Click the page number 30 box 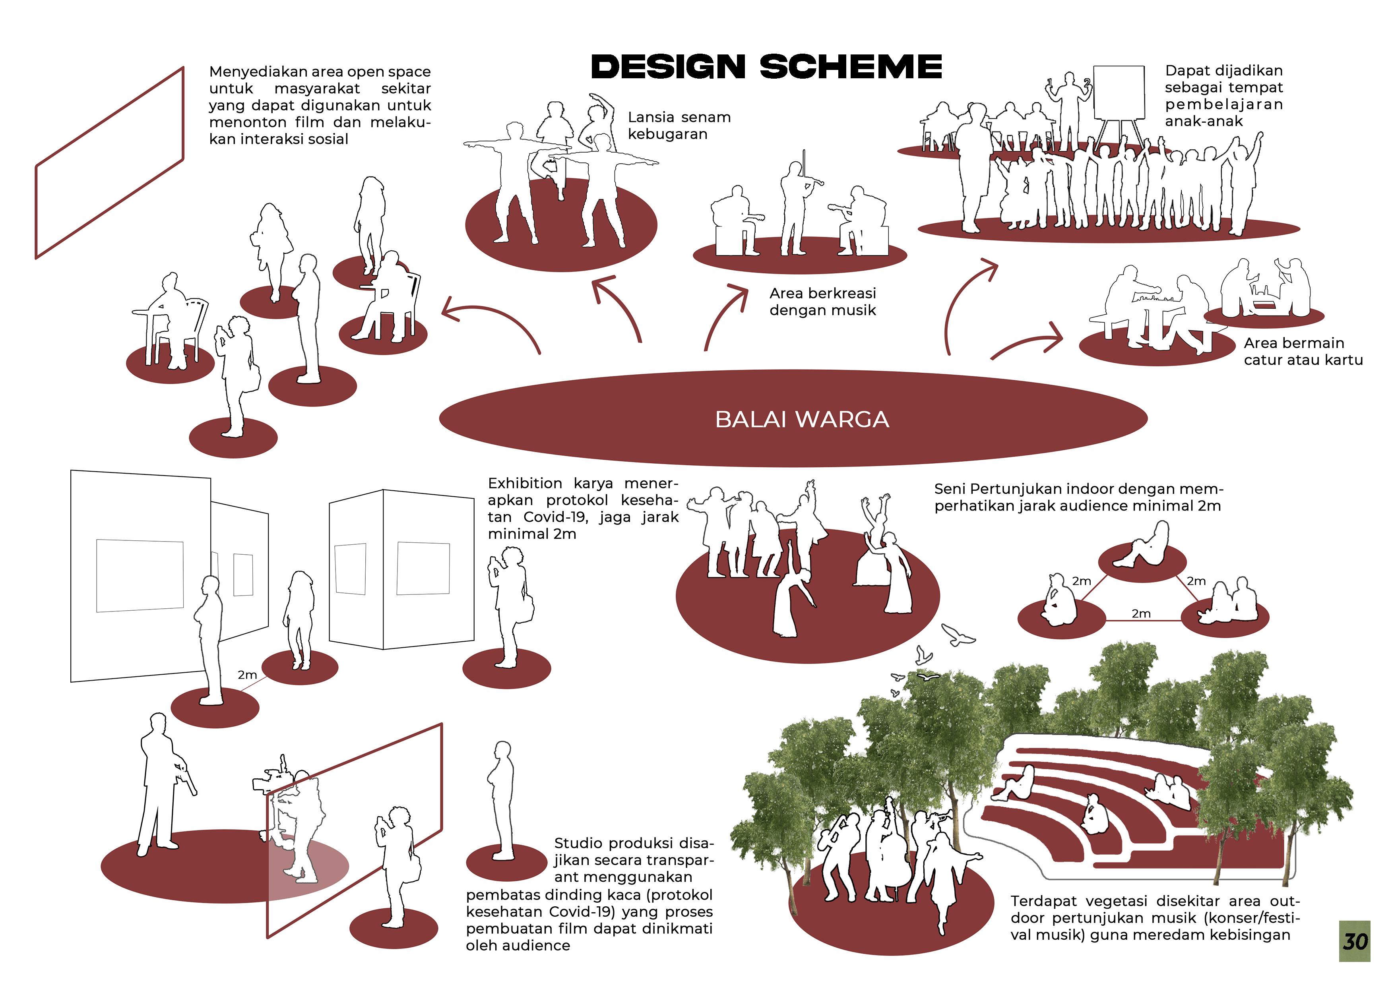point(1355,940)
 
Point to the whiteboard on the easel point(1119,92)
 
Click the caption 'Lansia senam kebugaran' point(679,126)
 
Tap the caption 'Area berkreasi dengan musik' point(823,302)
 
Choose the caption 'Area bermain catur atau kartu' point(1302,351)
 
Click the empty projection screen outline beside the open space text point(109,163)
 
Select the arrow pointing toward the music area point(725,315)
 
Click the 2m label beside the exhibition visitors point(247,675)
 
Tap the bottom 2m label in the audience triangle point(1141,613)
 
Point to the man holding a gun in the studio point(159,783)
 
